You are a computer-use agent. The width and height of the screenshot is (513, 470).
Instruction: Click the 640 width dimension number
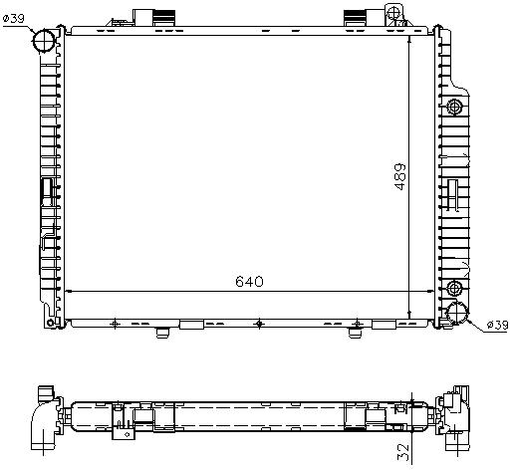click(249, 282)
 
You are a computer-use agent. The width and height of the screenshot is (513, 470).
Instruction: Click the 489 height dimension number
click(400, 176)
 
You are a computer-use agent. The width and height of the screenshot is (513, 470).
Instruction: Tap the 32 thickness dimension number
click(403, 452)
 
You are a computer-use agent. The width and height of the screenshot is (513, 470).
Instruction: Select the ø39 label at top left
click(14, 18)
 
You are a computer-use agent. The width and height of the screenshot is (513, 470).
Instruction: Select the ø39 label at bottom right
click(497, 325)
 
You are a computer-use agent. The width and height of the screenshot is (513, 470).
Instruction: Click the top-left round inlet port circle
click(44, 41)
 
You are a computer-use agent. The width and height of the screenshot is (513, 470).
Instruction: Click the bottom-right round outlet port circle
click(456, 313)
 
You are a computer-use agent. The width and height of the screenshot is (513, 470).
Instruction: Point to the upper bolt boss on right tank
click(454, 107)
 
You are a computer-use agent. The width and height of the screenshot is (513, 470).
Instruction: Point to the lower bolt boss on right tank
click(454, 288)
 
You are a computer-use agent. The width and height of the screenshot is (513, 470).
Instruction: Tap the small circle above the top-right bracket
click(393, 13)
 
